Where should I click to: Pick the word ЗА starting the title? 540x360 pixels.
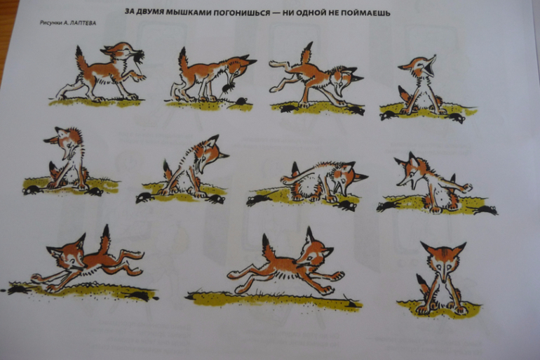click(130, 12)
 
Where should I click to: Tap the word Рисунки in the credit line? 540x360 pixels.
click(51, 22)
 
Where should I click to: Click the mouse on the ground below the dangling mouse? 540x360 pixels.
click(241, 101)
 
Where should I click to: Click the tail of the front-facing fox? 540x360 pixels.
click(423, 284)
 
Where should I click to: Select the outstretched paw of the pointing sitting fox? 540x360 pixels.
click(466, 188)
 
